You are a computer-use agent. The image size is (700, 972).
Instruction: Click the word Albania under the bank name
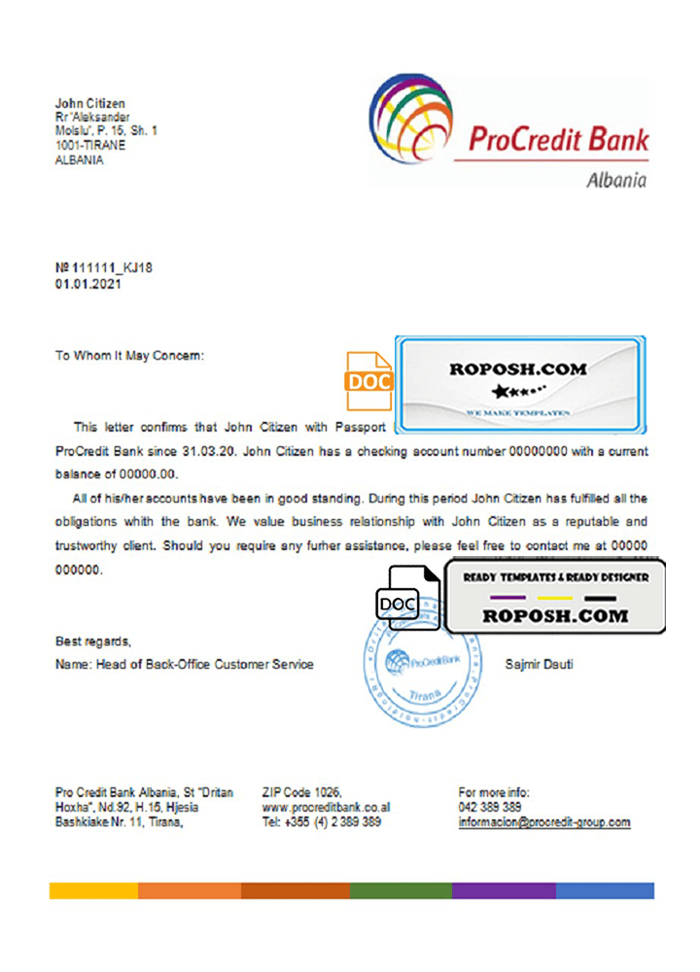pyautogui.click(x=616, y=180)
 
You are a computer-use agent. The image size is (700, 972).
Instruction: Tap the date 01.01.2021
pyautogui.click(x=88, y=285)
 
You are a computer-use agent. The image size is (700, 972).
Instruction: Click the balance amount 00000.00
pyautogui.click(x=147, y=474)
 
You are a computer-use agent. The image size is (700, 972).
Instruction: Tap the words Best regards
pyautogui.click(x=92, y=642)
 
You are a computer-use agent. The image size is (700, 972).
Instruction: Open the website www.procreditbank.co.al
pyautogui.click(x=327, y=808)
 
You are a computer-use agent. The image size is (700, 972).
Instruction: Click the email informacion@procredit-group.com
pyautogui.click(x=543, y=822)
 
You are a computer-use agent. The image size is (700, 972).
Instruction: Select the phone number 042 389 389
pyautogui.click(x=489, y=808)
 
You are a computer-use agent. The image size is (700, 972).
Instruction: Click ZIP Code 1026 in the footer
pyautogui.click(x=302, y=793)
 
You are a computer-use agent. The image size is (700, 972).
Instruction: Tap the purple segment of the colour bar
pyautogui.click(x=504, y=890)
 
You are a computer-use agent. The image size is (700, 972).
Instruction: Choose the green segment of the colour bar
pyautogui.click(x=400, y=890)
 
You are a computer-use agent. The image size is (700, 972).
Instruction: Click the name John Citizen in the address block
pyautogui.click(x=90, y=103)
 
